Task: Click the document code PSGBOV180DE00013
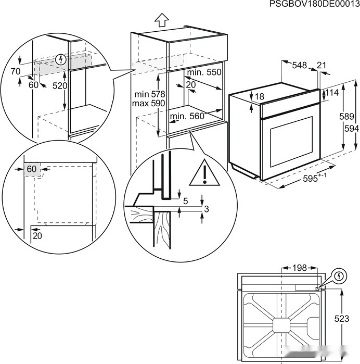pos(314,5)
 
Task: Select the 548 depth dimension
pos(299,65)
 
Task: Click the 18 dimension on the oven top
pos(260,96)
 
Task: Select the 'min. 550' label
pos(204,72)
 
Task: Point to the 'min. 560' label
pos(187,117)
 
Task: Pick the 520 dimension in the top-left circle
pos(60,85)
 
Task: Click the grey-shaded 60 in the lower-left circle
pos(32,169)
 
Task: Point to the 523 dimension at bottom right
pos(342,319)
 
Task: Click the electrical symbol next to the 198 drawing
pos(339,275)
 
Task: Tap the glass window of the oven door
pos(289,140)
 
